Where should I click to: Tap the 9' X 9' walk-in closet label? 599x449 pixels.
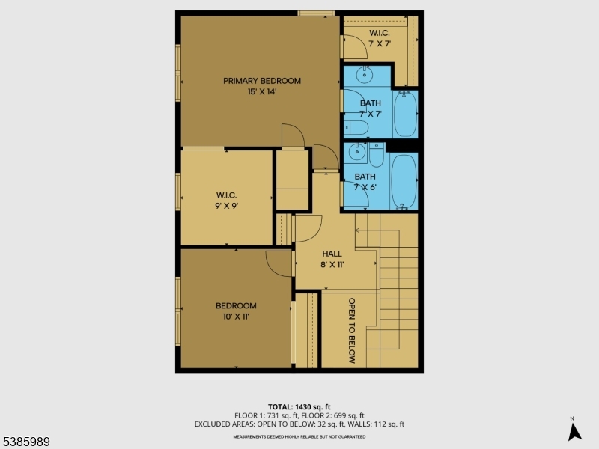point(227,200)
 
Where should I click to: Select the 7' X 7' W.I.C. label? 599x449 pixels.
point(380,38)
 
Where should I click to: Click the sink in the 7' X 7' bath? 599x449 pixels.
point(365,75)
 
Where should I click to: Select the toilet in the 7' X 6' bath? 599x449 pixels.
point(376,156)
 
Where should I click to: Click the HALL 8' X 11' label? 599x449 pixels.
point(332,259)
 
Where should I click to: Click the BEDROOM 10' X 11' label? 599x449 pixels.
point(236,311)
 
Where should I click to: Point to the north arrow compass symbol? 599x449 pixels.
point(574,430)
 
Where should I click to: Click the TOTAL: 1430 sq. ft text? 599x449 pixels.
point(299,406)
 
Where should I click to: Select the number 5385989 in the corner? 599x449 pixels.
point(25,442)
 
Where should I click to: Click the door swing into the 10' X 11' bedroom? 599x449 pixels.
point(279,263)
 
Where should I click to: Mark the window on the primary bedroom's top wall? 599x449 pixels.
point(315,13)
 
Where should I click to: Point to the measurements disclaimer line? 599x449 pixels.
point(299,436)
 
